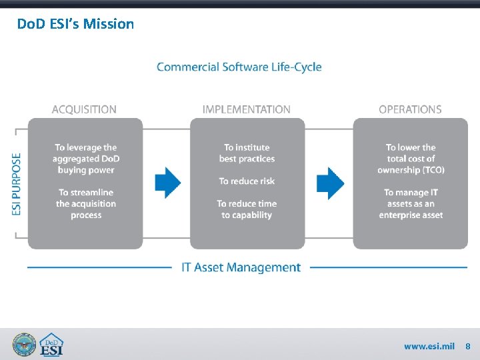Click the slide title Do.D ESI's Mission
(75, 24)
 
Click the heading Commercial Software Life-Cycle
(239, 67)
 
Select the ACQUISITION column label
(84, 109)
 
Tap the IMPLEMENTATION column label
(247, 109)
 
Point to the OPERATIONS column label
(410, 109)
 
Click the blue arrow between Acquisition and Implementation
(168, 182)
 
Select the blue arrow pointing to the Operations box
(330, 182)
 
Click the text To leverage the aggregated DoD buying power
(86, 159)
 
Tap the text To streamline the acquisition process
(86, 204)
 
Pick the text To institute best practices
(247, 153)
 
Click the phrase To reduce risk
(247, 181)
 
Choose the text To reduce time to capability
(247, 209)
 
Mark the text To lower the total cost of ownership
(411, 159)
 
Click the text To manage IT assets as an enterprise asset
(411, 204)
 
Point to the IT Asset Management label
(241, 267)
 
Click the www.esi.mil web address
(429, 347)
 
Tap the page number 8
(468, 347)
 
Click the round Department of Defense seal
(25, 345)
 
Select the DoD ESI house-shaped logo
(51, 345)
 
